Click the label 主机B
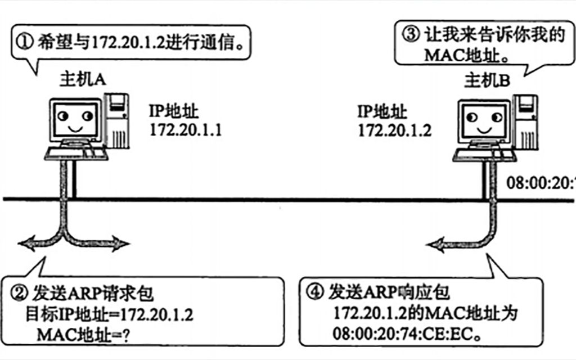point(487,81)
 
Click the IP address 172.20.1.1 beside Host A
point(186,130)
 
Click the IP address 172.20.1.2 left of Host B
point(395,130)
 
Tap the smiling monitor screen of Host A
point(74,120)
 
